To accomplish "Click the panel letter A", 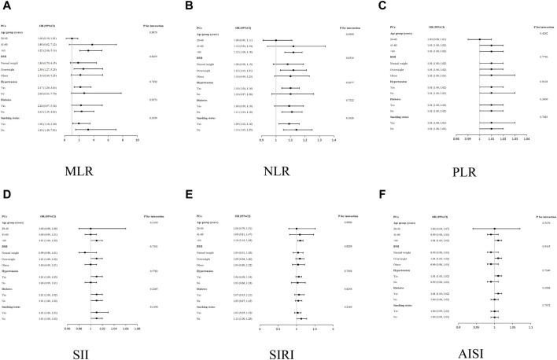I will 8,6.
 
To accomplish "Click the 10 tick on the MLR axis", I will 138,141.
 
